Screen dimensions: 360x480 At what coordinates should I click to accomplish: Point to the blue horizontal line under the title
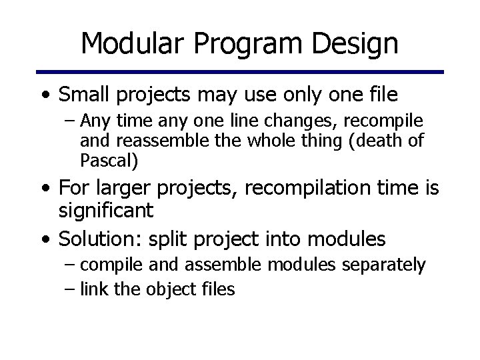[240, 71]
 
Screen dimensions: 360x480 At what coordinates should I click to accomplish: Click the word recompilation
[307, 189]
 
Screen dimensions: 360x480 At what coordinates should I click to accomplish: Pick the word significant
[105, 211]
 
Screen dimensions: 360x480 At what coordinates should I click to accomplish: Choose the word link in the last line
[91, 289]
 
